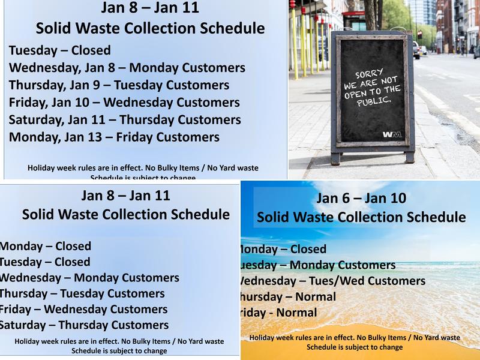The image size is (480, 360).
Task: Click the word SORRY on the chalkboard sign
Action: pyautogui.click(x=369, y=74)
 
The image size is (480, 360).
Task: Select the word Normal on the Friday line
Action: pyautogui.click(x=296, y=313)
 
